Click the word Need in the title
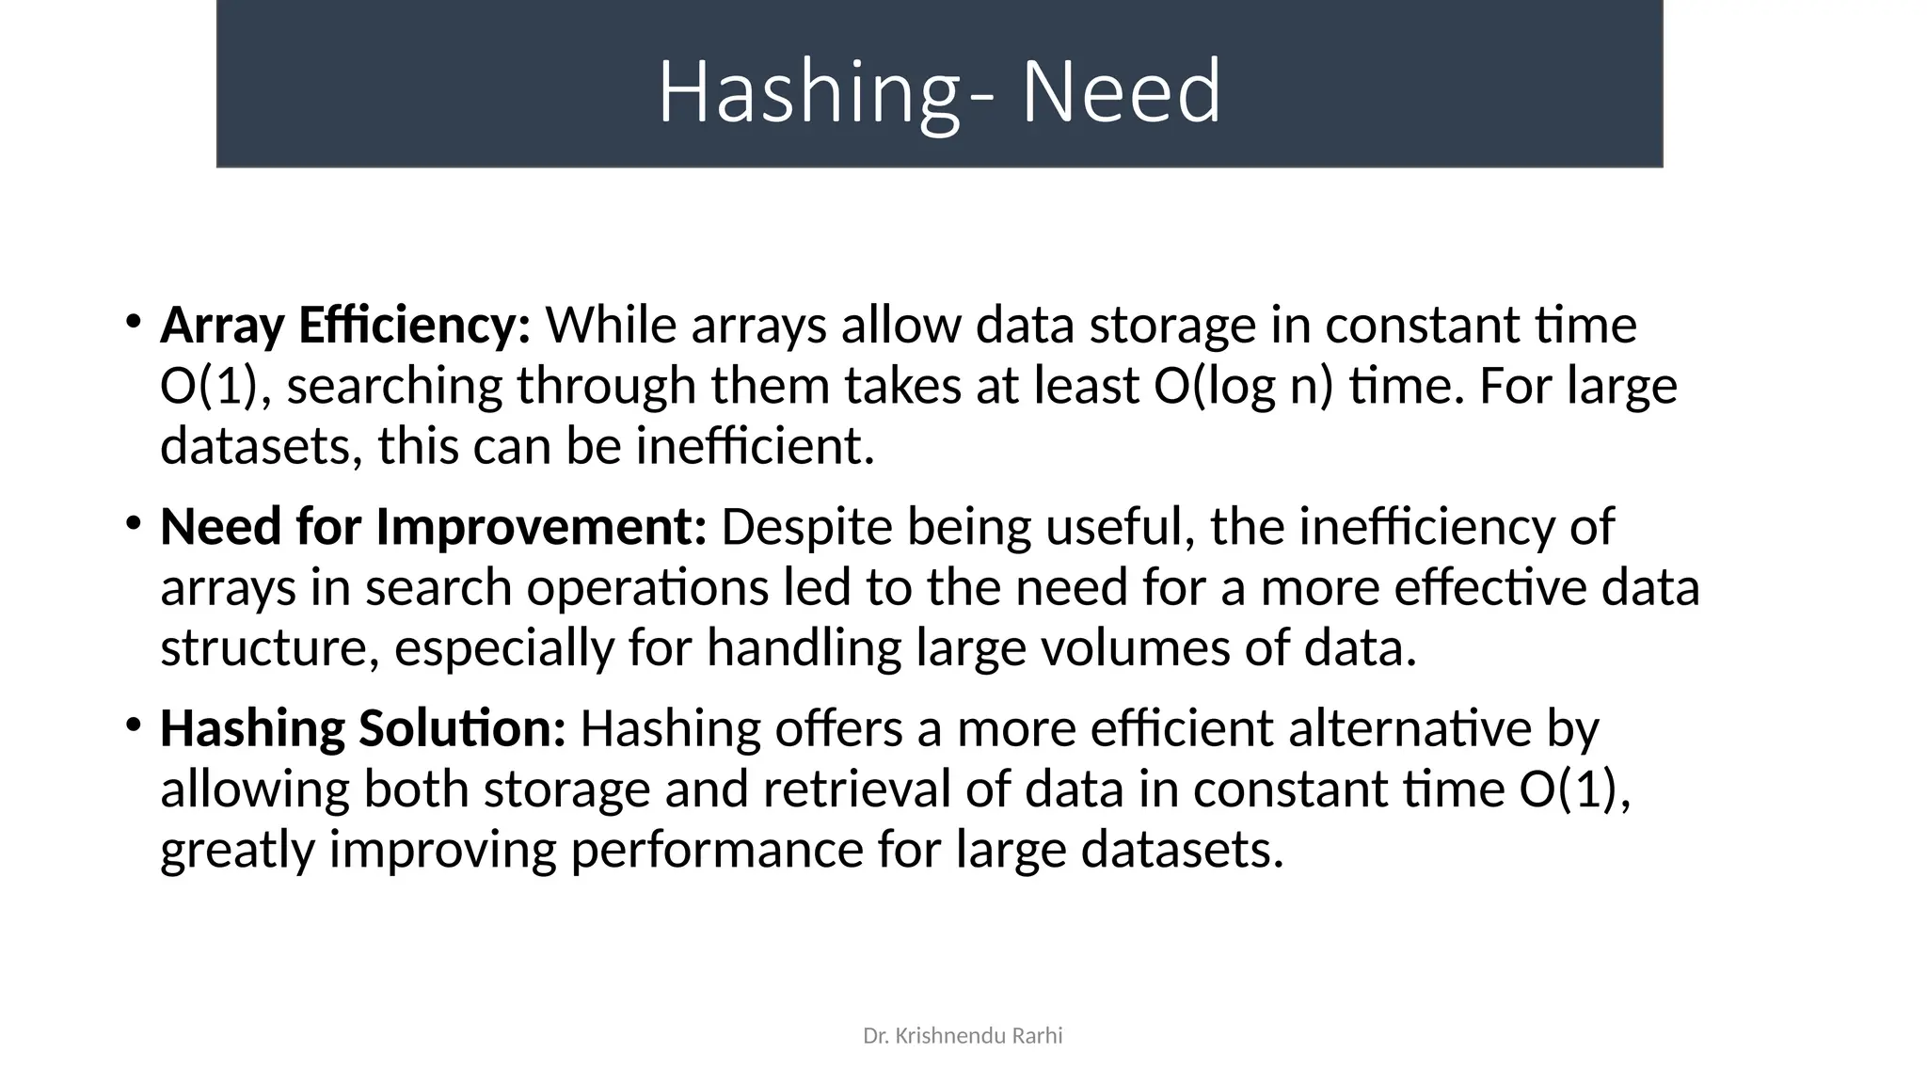tap(1121, 92)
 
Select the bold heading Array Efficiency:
tap(345, 326)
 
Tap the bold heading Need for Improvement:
tap(433, 527)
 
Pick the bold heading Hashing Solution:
tap(362, 728)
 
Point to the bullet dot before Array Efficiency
tap(133, 321)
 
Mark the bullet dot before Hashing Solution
tap(133, 724)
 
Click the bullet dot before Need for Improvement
tap(133, 522)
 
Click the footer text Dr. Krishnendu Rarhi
tap(963, 1036)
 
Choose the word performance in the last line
tap(716, 850)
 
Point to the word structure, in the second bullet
tap(269, 648)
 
